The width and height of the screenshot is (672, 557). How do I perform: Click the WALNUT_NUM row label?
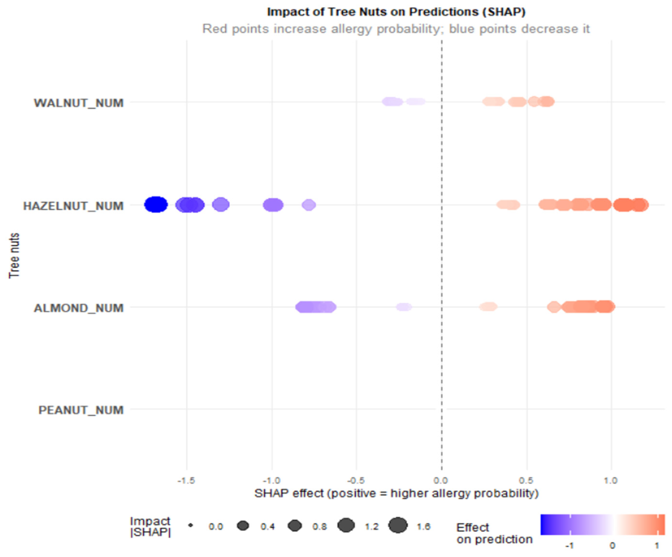(x=79, y=103)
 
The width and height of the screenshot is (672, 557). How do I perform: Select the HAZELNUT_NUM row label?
(x=73, y=206)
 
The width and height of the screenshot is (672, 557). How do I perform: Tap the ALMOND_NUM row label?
(x=79, y=308)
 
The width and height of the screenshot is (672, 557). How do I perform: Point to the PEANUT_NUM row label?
(x=81, y=410)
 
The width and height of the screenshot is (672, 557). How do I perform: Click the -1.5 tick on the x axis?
(x=186, y=480)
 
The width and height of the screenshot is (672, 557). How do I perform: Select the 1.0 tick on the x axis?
(x=610, y=480)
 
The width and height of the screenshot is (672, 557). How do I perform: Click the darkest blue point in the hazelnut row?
(x=156, y=205)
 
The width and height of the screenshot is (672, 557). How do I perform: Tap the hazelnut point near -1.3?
(x=221, y=205)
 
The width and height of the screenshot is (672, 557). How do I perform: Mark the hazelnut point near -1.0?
(x=273, y=205)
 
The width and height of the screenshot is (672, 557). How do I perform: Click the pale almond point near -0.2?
(x=404, y=307)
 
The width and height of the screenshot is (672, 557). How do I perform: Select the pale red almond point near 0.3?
(x=488, y=307)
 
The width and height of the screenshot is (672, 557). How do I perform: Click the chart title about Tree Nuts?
(x=396, y=12)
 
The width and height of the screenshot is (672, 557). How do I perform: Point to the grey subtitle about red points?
(x=396, y=29)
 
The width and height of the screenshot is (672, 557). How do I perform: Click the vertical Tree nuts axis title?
(x=14, y=256)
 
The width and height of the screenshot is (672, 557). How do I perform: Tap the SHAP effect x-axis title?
(x=396, y=493)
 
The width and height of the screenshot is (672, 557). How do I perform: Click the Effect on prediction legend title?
(x=494, y=533)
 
